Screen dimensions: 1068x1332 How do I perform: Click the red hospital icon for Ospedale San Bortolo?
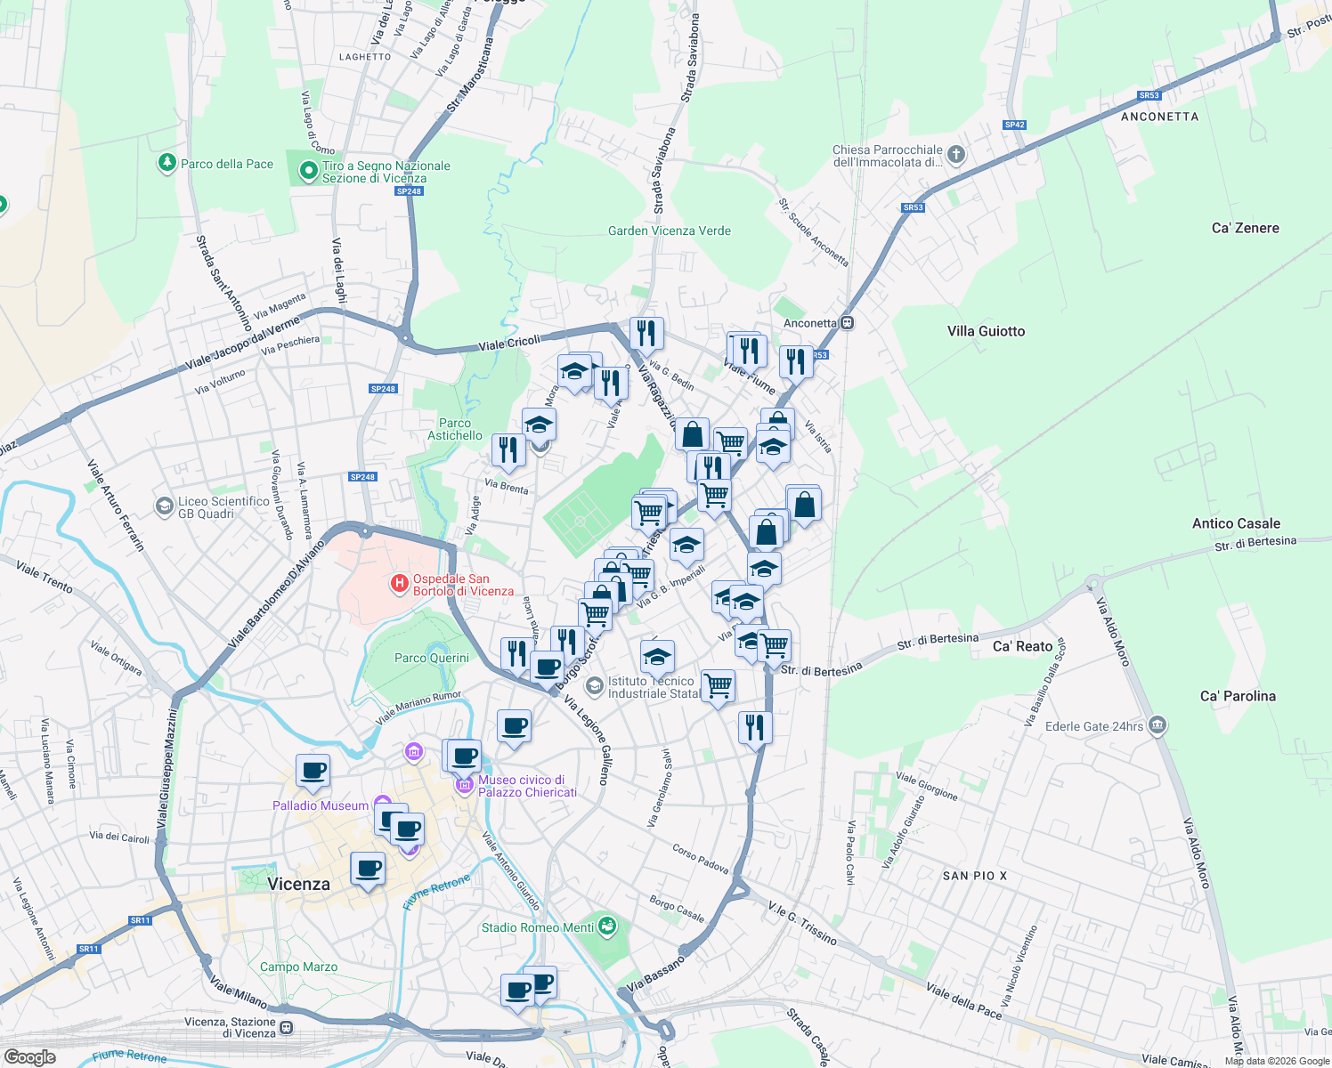click(x=400, y=584)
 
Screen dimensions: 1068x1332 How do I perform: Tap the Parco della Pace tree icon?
click(x=166, y=163)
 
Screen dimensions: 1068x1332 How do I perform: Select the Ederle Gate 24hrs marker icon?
click(x=1157, y=725)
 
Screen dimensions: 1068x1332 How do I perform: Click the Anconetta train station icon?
click(x=848, y=323)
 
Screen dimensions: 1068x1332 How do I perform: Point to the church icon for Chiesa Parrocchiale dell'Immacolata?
click(x=955, y=155)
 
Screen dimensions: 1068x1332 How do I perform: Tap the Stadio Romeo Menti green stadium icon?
click(x=607, y=926)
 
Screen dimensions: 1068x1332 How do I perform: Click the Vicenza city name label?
click(x=298, y=884)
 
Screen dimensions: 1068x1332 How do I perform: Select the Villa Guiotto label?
click(x=986, y=331)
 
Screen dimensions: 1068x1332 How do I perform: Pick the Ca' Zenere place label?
click(x=1245, y=228)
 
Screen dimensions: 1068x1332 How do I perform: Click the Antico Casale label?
click(x=1236, y=523)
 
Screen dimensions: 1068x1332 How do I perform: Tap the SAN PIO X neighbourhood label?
click(x=974, y=876)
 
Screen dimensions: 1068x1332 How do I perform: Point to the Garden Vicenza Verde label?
click(x=669, y=231)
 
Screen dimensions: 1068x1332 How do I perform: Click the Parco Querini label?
click(x=431, y=658)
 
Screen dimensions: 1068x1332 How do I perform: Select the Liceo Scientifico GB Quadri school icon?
click(x=164, y=506)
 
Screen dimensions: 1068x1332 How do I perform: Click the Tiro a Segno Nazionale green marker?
click(x=308, y=169)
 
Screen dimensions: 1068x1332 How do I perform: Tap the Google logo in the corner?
click(x=29, y=1056)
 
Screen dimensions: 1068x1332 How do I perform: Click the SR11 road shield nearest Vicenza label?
click(x=140, y=920)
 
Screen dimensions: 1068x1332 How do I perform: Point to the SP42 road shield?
click(x=1014, y=125)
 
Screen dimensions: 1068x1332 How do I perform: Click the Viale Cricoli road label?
click(x=509, y=344)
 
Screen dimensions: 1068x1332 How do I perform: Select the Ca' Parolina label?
click(x=1238, y=696)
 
